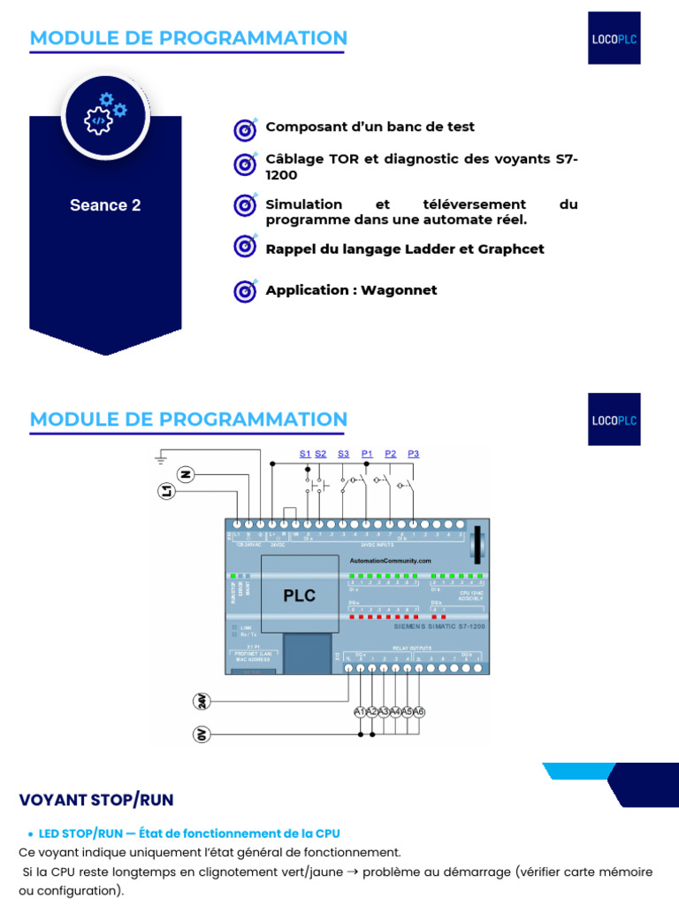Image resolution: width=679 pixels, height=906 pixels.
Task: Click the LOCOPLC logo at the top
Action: point(614,37)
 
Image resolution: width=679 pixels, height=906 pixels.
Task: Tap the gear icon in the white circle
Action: point(105,114)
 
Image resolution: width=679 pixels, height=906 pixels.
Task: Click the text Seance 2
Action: point(105,205)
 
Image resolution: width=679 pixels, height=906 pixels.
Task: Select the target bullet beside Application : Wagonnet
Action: point(245,290)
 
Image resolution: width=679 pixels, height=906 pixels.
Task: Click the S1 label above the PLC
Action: point(304,454)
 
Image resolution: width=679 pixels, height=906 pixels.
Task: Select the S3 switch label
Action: point(343,454)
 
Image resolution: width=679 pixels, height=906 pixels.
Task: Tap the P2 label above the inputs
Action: point(391,454)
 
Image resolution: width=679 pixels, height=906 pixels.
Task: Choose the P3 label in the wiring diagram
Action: point(413,454)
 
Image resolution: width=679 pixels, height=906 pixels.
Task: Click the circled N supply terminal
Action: point(186,474)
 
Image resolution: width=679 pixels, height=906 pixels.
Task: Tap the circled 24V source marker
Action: point(202,701)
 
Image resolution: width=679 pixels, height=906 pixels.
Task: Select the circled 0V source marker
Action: point(202,734)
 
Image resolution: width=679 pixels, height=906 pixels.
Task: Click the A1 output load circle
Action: point(359,712)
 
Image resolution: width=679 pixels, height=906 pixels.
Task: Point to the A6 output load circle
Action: point(419,712)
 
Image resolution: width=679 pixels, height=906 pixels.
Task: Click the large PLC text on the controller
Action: point(299,595)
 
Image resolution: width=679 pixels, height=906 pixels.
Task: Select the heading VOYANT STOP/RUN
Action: point(96,800)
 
